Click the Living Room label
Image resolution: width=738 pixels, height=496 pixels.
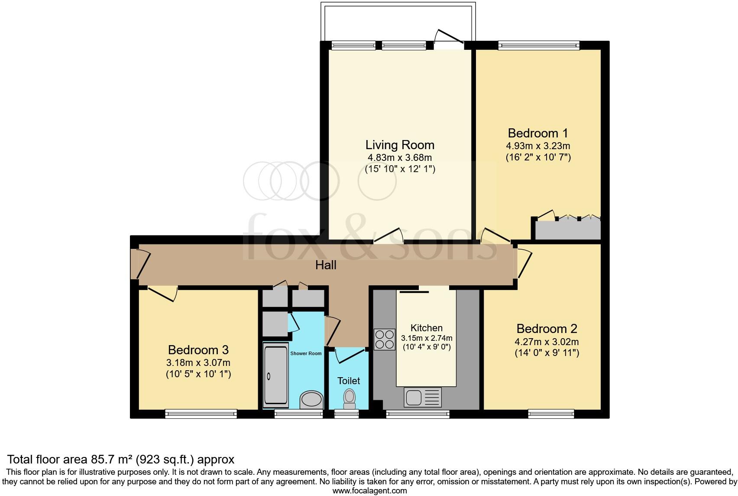399,145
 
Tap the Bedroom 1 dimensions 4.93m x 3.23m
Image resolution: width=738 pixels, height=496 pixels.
538,146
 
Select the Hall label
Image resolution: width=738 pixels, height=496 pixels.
326,265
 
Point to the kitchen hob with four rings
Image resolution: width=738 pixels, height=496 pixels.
385,339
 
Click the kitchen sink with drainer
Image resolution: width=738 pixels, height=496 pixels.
422,397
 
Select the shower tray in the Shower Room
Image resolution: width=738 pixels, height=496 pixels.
275,375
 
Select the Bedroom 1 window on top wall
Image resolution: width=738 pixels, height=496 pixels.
538,45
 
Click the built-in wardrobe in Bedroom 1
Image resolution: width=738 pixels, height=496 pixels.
568,230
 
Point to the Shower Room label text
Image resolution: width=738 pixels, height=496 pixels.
306,353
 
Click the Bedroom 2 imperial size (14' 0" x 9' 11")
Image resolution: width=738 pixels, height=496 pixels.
547,353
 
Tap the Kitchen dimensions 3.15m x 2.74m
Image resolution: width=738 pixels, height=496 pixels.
426,338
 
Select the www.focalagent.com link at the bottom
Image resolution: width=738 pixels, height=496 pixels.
369,491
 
